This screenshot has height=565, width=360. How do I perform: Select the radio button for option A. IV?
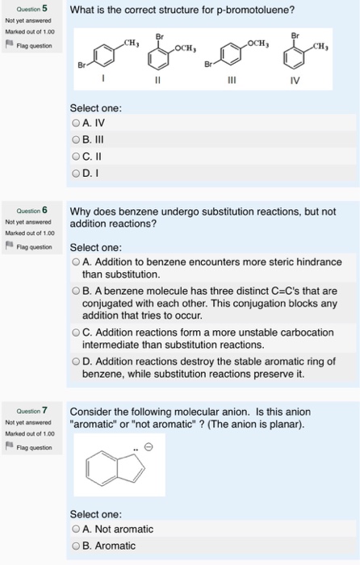pyautogui.click(x=76, y=123)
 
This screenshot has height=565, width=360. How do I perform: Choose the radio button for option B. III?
pyautogui.click(x=76, y=139)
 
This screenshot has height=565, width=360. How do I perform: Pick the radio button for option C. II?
pyautogui.click(x=76, y=154)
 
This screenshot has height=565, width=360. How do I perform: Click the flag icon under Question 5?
pyautogui.click(x=9, y=46)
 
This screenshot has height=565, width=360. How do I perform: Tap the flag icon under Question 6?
pyautogui.click(x=9, y=247)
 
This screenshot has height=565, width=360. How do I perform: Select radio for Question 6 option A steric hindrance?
pyautogui.click(x=76, y=262)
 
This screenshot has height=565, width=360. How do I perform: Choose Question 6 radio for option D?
pyautogui.click(x=76, y=362)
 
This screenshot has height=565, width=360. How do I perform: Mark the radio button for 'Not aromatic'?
pyautogui.click(x=76, y=529)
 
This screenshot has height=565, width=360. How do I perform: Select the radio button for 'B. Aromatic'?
pyautogui.click(x=76, y=546)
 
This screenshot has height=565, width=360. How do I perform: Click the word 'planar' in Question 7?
pyautogui.click(x=283, y=425)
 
